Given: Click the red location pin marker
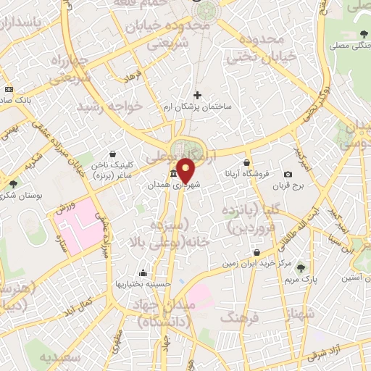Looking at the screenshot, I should click(185, 170).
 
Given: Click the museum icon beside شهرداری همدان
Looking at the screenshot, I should click(173, 175).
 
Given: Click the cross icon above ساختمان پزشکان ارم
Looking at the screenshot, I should click(197, 95).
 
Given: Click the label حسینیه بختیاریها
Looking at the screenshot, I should click(143, 284).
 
